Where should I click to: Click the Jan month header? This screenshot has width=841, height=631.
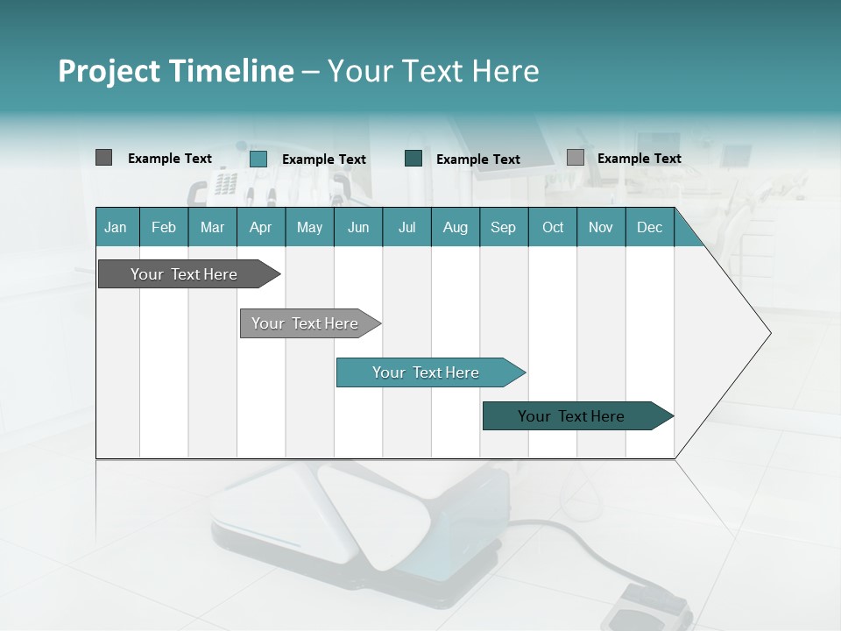click(x=116, y=227)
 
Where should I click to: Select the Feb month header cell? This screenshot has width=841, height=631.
click(x=164, y=227)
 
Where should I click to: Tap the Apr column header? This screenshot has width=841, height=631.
click(x=260, y=227)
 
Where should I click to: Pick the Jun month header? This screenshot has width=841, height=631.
click(x=358, y=227)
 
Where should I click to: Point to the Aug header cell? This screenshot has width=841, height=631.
click(x=455, y=227)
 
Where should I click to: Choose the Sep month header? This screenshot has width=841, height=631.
click(x=503, y=227)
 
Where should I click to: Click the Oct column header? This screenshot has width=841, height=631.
click(x=553, y=227)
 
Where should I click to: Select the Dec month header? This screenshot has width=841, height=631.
click(x=649, y=227)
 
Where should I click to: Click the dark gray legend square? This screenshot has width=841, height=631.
click(x=103, y=158)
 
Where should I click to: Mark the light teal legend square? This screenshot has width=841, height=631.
click(x=258, y=159)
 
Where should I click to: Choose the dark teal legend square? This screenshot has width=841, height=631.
click(x=413, y=159)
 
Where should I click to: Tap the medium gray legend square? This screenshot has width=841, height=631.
click(x=575, y=158)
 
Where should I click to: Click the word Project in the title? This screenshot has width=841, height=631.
click(x=109, y=71)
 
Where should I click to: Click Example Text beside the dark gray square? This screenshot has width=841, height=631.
click(x=170, y=159)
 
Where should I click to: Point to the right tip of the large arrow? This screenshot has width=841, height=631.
click(x=769, y=333)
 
